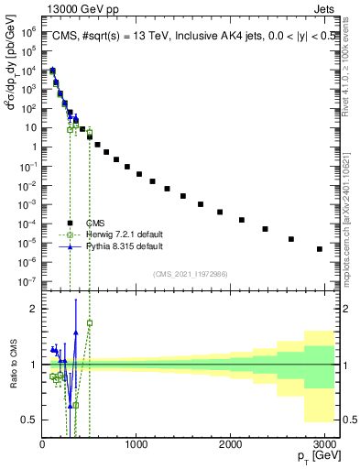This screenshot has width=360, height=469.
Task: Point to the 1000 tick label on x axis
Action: coord(136,444)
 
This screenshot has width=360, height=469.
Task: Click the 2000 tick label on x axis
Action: coord(231,444)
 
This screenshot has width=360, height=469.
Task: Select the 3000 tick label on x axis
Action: coord(325,444)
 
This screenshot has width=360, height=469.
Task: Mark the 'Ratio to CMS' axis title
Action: coord(12,378)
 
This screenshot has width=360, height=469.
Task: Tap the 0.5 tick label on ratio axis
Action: coord(29,420)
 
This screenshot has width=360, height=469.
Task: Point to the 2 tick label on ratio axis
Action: coord(35,309)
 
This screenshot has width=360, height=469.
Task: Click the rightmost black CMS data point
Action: coord(320,249)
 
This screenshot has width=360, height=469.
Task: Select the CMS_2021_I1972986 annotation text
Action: coord(190,274)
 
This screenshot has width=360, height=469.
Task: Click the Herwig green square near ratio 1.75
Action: coord(90,322)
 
